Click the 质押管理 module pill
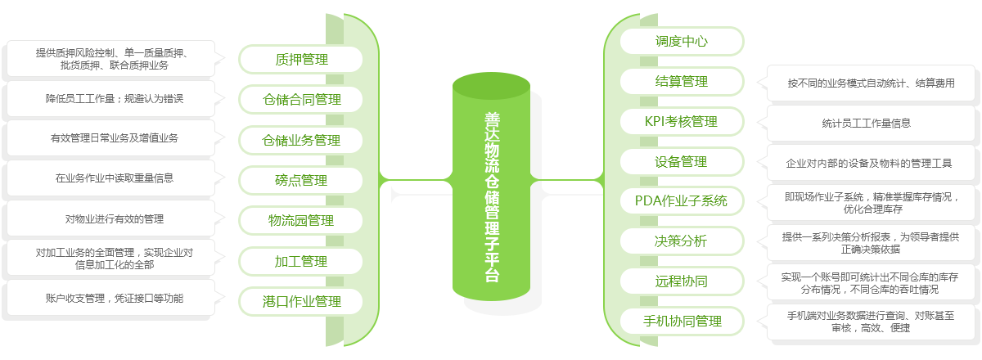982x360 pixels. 301,60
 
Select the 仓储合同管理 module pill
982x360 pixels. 301,100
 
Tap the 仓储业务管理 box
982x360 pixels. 301,140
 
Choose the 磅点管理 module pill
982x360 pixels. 301,180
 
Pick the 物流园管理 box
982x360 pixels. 301,220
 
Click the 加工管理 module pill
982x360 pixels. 301,261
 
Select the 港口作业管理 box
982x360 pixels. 301,301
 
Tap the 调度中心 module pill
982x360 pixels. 682,41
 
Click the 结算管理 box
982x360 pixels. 682,81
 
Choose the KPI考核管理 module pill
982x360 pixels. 682,121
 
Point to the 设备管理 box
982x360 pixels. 682,161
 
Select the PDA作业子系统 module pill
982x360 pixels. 682,200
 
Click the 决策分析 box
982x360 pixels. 682,241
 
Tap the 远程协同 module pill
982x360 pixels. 682,281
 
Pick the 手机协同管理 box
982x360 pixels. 682,322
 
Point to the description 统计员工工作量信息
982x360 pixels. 867,124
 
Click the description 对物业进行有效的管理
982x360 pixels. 115,218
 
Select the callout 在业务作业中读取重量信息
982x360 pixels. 115,178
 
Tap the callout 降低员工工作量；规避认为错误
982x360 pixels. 115,98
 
